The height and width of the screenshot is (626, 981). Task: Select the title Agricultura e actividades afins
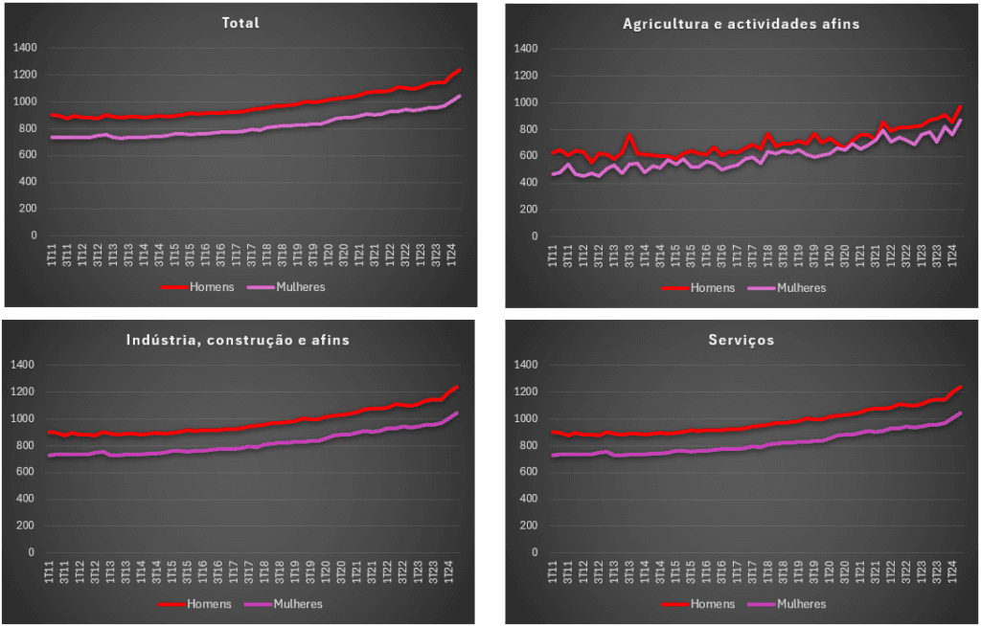click(741, 23)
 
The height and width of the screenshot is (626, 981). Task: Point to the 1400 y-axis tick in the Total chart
click(25, 48)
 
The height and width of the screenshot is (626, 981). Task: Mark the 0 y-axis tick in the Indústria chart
click(33, 552)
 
